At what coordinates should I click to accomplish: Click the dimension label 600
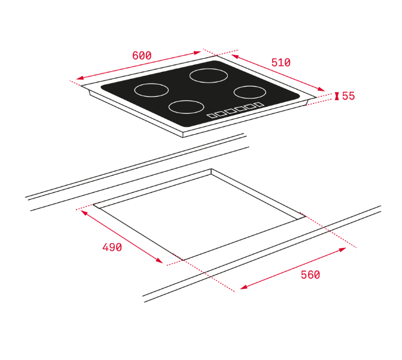coord(142,55)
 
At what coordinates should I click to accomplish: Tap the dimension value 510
coord(280,62)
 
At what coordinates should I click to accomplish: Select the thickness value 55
coord(349,96)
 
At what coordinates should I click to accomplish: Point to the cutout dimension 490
coord(112,247)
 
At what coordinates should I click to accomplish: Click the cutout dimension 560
coord(310,275)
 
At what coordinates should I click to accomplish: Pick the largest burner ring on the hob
coord(209,69)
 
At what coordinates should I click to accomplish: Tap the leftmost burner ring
coord(151,84)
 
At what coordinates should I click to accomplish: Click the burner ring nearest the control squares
coord(186,100)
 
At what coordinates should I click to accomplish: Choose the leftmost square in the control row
coord(212,116)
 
